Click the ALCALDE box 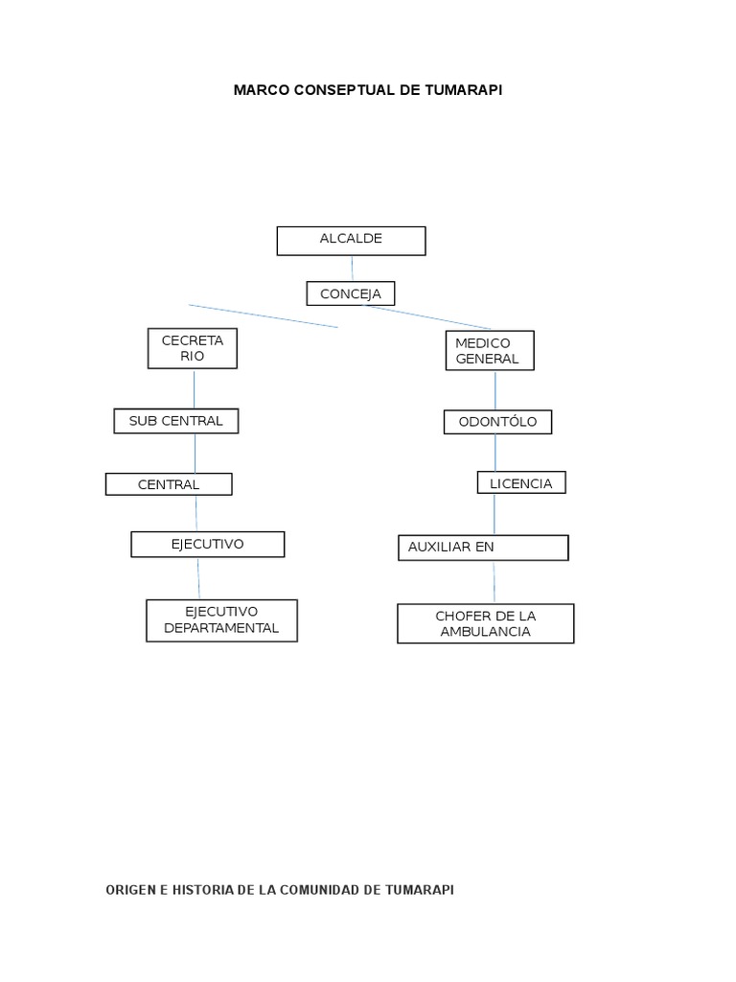[x=351, y=241]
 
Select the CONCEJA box [x=351, y=293]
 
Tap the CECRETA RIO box [x=192, y=348]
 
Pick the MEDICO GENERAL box [x=490, y=351]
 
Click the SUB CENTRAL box [x=176, y=421]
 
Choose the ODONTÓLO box [x=497, y=422]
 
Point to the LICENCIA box [x=521, y=483]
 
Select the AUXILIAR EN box [x=483, y=548]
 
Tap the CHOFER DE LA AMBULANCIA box [x=486, y=623]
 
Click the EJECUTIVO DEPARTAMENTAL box [x=221, y=620]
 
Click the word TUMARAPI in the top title [x=463, y=90]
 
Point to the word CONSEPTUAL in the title [x=345, y=90]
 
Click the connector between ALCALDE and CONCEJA [x=352, y=269]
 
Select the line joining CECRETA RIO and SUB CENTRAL [x=194, y=389]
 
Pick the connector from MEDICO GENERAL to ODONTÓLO [x=495, y=390]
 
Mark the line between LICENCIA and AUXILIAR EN [x=494, y=514]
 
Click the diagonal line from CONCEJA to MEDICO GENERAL [x=427, y=316]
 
